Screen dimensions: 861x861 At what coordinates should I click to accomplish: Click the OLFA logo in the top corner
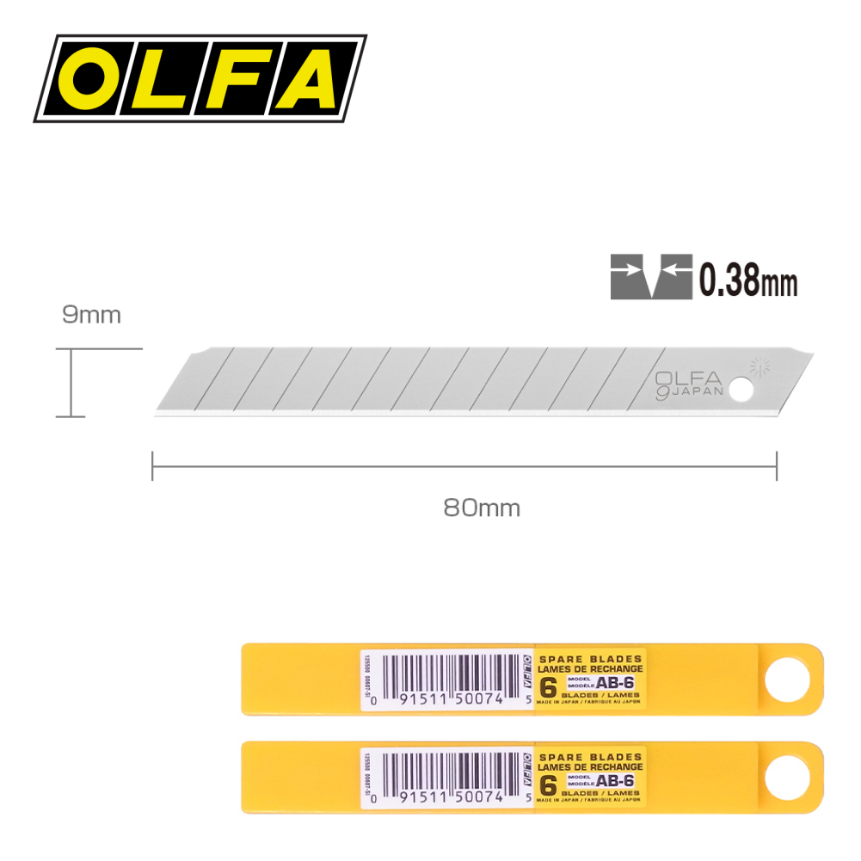pyautogui.click(x=200, y=77)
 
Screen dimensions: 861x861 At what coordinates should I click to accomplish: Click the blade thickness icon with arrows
pyautogui.click(x=651, y=277)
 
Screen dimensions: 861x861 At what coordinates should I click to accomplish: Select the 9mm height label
pyautogui.click(x=91, y=315)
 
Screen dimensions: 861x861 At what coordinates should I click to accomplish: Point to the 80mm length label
pyautogui.click(x=482, y=507)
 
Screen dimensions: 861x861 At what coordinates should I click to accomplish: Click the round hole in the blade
pyautogui.click(x=742, y=390)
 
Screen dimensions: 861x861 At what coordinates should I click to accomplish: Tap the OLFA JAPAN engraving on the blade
pyautogui.click(x=688, y=383)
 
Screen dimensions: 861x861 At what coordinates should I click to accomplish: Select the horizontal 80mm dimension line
pyautogui.click(x=464, y=467)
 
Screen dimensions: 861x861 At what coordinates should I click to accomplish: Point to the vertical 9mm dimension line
pyautogui.click(x=71, y=383)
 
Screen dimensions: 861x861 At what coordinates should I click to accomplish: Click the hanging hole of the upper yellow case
pyautogui.click(x=787, y=680)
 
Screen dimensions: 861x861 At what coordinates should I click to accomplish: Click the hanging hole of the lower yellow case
pyautogui.click(x=787, y=777)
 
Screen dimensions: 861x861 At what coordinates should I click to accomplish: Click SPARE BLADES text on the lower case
pyautogui.click(x=590, y=756)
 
